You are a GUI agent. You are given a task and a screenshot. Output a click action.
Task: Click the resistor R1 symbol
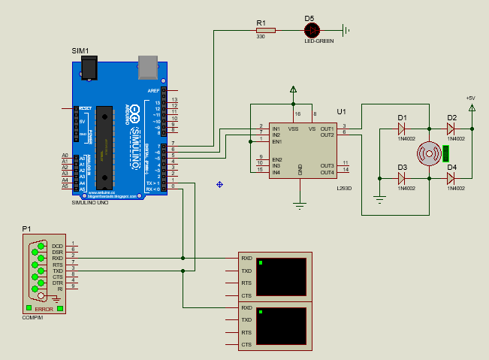click(265, 30)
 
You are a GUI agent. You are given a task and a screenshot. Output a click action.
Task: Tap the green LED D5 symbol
click(312, 30)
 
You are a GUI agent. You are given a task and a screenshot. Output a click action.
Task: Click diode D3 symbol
click(402, 178)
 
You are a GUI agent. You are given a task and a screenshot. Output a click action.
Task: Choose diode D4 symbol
click(451, 178)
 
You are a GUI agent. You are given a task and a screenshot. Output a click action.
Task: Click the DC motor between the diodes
click(428, 153)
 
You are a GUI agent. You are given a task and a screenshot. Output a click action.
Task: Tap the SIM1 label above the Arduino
click(80, 50)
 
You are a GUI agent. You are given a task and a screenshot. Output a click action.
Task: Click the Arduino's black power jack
click(90, 69)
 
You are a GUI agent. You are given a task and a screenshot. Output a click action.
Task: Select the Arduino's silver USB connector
click(149, 68)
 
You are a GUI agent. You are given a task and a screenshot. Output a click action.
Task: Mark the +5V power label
click(471, 98)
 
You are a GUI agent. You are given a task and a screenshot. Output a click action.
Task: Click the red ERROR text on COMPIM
click(44, 309)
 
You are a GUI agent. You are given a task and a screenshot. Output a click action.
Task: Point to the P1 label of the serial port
click(26, 228)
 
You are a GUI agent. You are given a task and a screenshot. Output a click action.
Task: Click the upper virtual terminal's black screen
click(281, 277)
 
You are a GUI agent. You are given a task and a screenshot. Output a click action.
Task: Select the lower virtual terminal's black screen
click(281, 325)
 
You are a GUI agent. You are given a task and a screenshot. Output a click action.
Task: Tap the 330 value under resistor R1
click(261, 37)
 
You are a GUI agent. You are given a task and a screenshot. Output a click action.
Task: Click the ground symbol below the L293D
click(300, 204)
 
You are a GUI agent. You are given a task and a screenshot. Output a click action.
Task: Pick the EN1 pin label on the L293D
click(276, 141)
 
